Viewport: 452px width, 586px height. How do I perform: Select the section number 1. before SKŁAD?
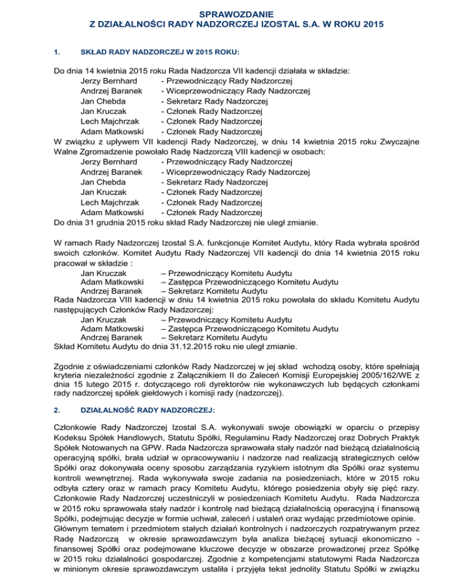[x=56, y=52]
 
